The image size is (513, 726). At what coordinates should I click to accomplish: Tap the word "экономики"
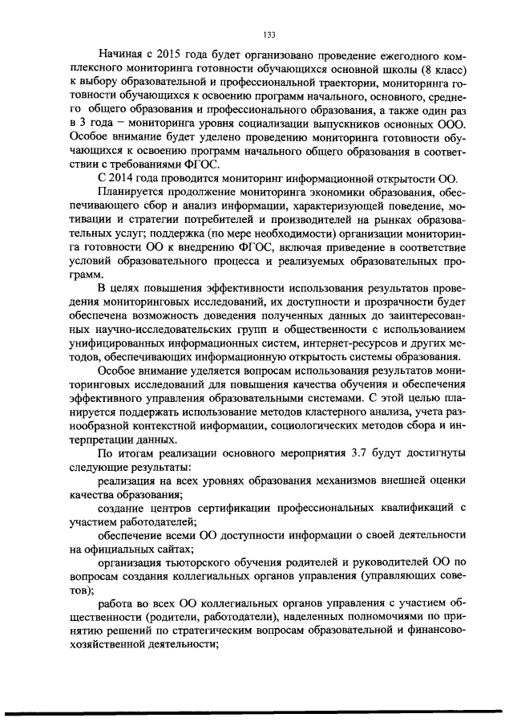tap(319, 192)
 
